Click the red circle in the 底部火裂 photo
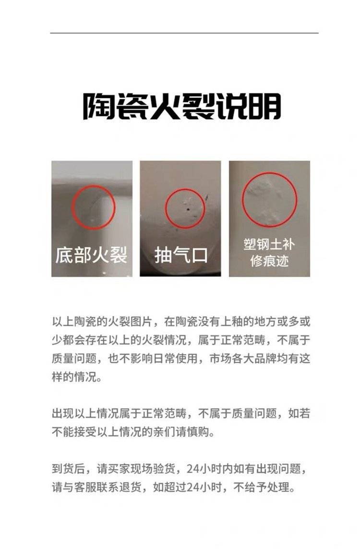coord(94,207)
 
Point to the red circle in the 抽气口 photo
coord(185,208)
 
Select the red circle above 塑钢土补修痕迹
coord(270,200)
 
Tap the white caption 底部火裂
coord(91,255)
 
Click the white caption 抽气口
coord(180,255)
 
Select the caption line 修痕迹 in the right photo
coord(269,261)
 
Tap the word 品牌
coord(265,358)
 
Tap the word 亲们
coord(164,432)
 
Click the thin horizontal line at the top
coord(184,33)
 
